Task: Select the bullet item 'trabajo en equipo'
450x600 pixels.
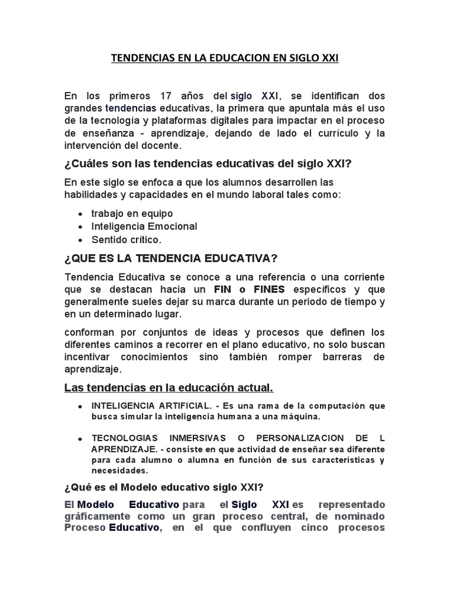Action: pyautogui.click(x=132, y=213)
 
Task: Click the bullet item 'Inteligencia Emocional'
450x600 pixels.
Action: pyautogui.click(x=144, y=226)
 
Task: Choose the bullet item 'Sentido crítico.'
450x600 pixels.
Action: pyautogui.click(x=125, y=239)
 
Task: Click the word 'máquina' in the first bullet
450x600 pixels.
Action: pyautogui.click(x=299, y=417)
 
